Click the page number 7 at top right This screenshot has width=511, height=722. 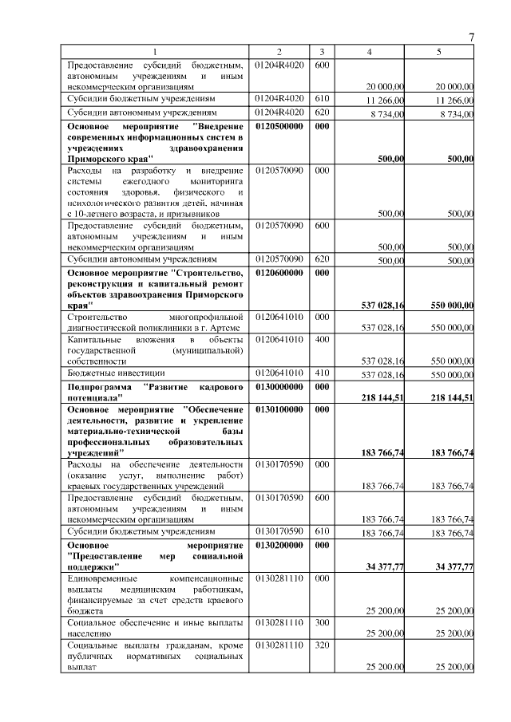(x=471, y=37)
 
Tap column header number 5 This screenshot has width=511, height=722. (x=438, y=52)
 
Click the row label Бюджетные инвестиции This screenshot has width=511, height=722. (x=116, y=373)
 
